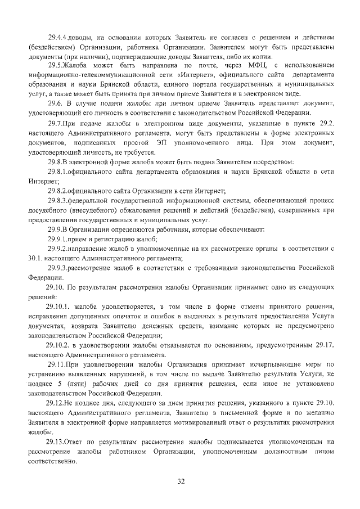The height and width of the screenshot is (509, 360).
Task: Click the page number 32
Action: (180, 481)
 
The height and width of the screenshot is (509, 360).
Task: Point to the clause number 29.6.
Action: (57, 105)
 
